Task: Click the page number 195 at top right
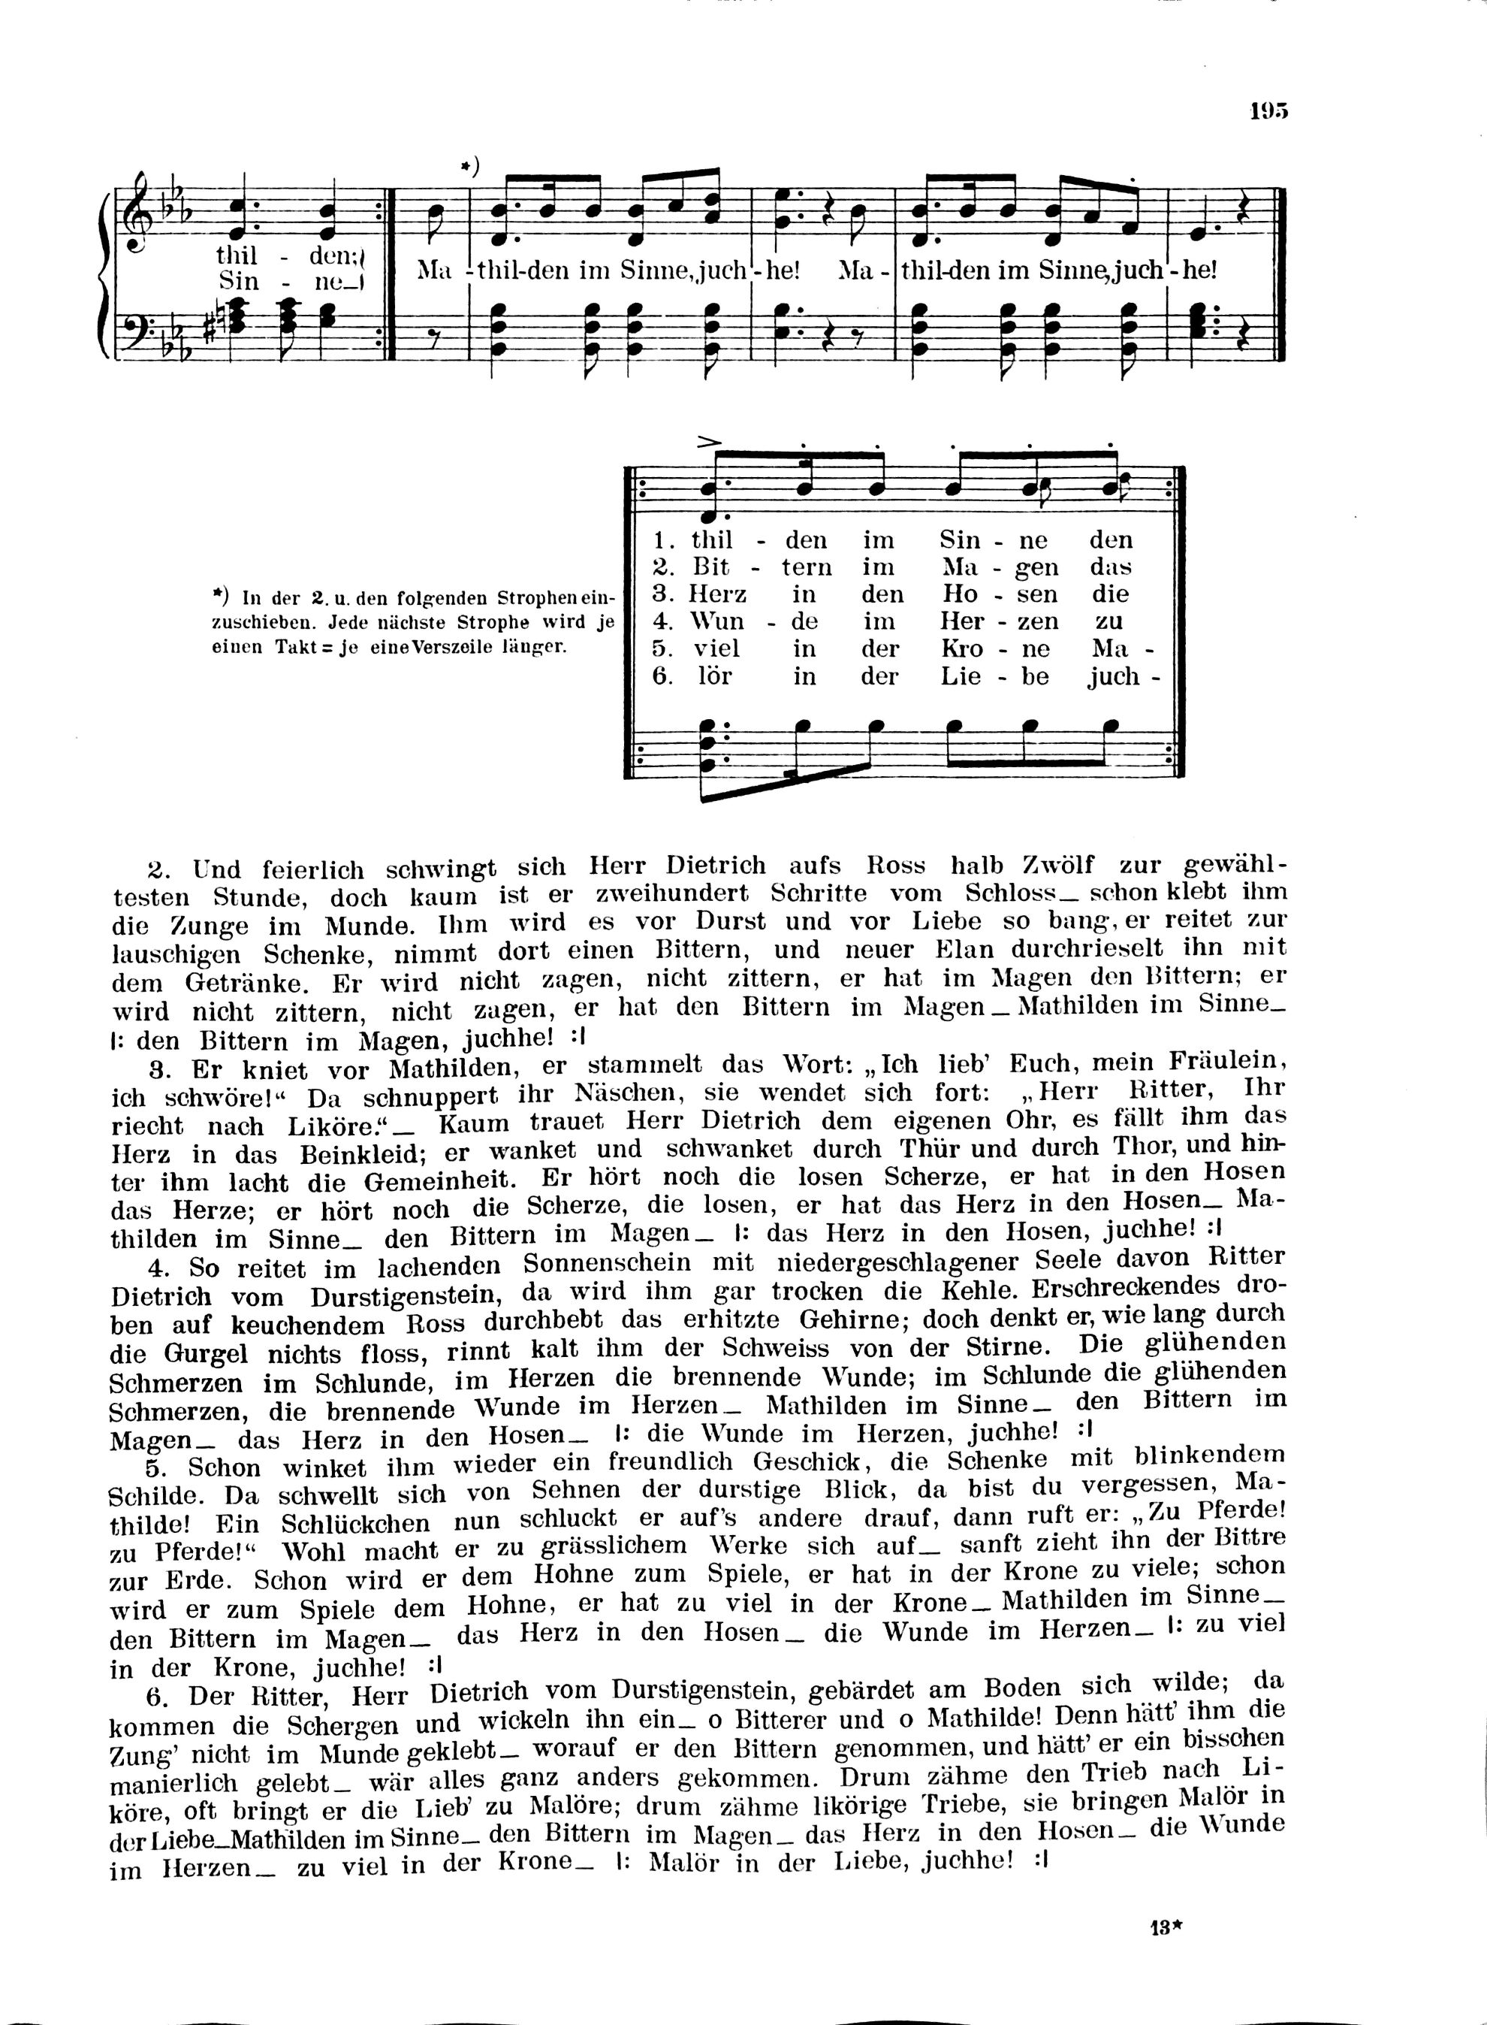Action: (x=1268, y=110)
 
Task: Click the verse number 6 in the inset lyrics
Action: (x=662, y=677)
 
